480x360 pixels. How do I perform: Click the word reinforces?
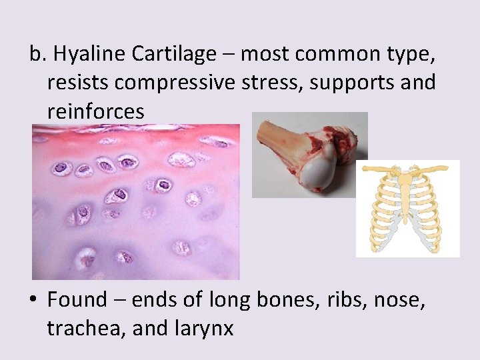coord(95,111)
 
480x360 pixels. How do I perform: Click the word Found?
coord(77,300)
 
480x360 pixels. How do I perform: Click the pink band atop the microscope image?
coord(133,137)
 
